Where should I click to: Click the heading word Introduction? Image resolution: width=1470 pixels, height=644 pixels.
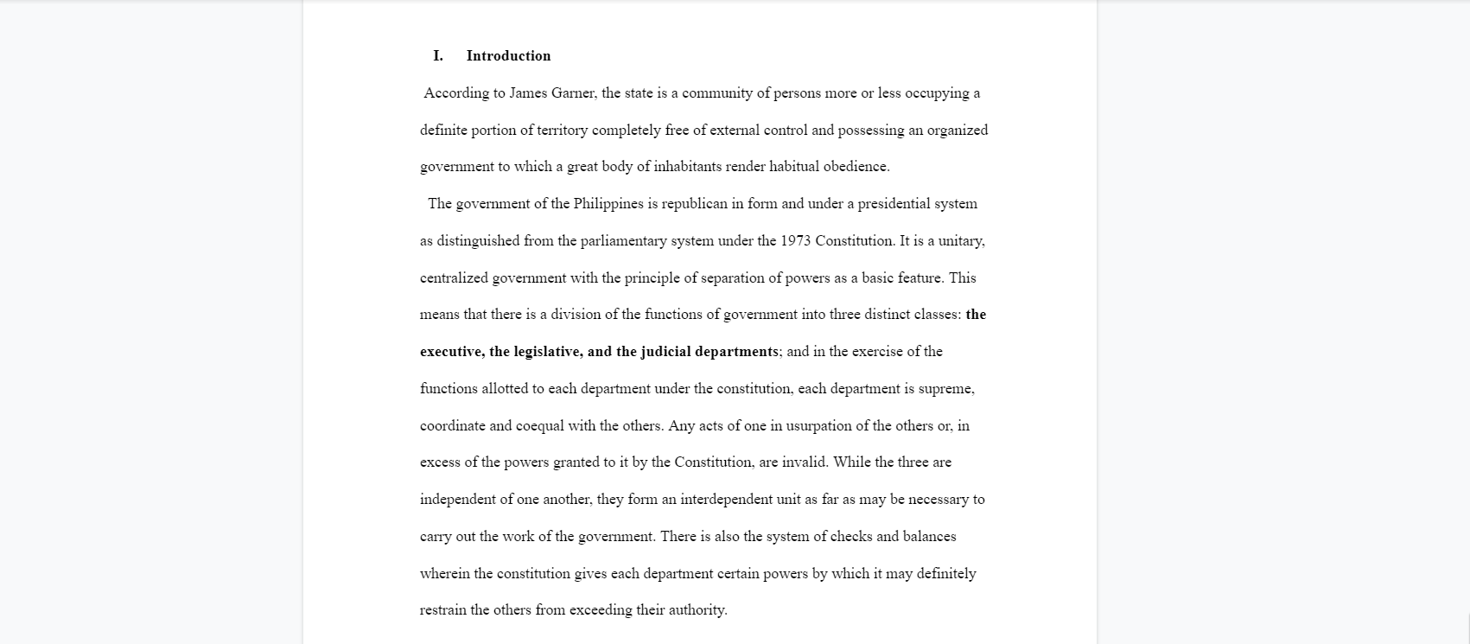(x=508, y=56)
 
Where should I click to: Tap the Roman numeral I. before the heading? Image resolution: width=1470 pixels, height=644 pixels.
(x=438, y=56)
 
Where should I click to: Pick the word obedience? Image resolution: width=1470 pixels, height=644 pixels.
(x=856, y=167)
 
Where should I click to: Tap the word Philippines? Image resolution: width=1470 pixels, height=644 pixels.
(x=609, y=204)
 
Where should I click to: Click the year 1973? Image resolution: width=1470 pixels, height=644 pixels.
(x=795, y=241)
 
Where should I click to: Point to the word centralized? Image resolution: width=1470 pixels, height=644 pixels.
(x=454, y=278)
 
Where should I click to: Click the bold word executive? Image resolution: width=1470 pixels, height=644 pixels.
(x=452, y=352)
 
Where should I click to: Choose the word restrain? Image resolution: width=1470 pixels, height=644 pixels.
(x=443, y=610)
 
